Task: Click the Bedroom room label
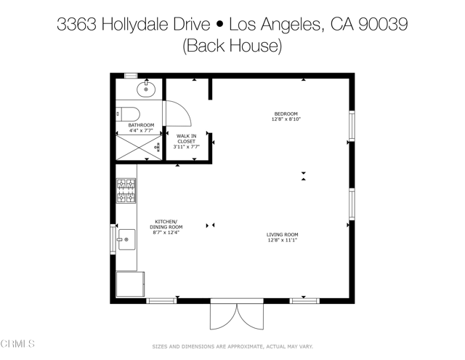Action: pyautogui.click(x=286, y=113)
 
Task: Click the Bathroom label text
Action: pyautogui.click(x=141, y=125)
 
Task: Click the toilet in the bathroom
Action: pyautogui.click(x=129, y=113)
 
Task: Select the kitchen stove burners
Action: pyautogui.click(x=126, y=191)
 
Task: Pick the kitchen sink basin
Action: pyautogui.click(x=126, y=239)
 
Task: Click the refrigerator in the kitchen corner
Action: pyautogui.click(x=131, y=284)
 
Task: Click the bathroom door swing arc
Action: pyautogui.click(x=178, y=113)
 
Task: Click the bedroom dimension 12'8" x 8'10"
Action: pyautogui.click(x=286, y=119)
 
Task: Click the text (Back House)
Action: pyautogui.click(x=232, y=46)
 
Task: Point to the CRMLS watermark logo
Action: pyautogui.click(x=18, y=343)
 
